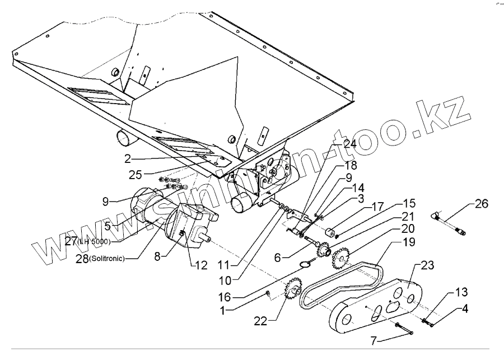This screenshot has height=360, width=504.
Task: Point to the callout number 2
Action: pos(128,158)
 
